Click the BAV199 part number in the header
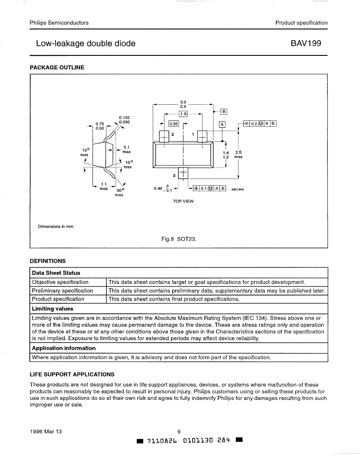click(305, 43)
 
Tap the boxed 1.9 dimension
click(183, 114)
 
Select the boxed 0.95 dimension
click(174, 124)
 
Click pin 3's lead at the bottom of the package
click(183, 173)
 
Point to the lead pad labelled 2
click(164, 136)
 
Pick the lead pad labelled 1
click(202, 136)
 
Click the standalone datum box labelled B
click(224, 112)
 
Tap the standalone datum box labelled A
click(222, 125)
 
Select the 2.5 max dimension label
click(238, 154)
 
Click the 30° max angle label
click(119, 193)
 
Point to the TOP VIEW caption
click(183, 201)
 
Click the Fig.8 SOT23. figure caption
click(179, 239)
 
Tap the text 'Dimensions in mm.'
click(56, 226)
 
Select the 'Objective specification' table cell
click(60, 282)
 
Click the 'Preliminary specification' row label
click(63, 291)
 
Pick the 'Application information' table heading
click(64, 348)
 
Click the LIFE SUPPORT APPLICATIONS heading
click(72, 374)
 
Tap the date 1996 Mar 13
click(46, 432)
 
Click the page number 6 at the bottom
click(179, 432)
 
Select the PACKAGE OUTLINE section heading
click(57, 68)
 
